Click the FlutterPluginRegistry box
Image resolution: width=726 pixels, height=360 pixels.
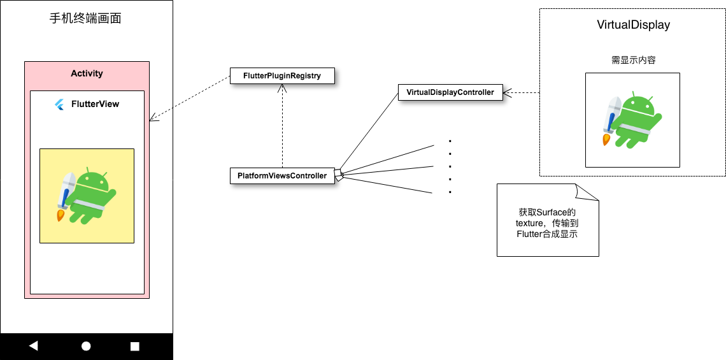(281, 76)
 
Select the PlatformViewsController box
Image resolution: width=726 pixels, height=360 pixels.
(281, 176)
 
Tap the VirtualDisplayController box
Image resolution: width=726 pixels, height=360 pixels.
(450, 92)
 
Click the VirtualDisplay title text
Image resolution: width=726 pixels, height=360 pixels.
(633, 25)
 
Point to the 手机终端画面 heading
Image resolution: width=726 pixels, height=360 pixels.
(85, 18)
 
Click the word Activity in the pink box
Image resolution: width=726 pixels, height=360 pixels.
(87, 73)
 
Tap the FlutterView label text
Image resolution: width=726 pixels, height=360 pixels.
(95, 104)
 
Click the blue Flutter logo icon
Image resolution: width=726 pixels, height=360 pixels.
(60, 104)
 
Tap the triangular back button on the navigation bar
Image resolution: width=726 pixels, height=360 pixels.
(34, 346)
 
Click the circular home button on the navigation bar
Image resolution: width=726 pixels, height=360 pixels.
(86, 346)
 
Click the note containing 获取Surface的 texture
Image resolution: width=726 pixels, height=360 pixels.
(547, 223)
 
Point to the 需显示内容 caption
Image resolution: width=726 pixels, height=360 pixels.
(633, 60)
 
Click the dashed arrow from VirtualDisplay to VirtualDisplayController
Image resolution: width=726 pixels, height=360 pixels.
(521, 93)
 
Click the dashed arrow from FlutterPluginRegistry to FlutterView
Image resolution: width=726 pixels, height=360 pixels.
(190, 98)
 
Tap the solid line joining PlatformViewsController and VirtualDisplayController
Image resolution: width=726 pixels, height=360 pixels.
(369, 133)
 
